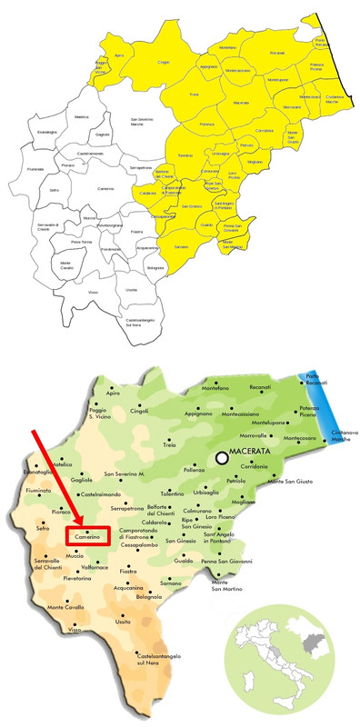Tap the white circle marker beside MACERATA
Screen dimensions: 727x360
coord(223,459)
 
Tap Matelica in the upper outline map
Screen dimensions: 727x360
coord(82,117)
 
